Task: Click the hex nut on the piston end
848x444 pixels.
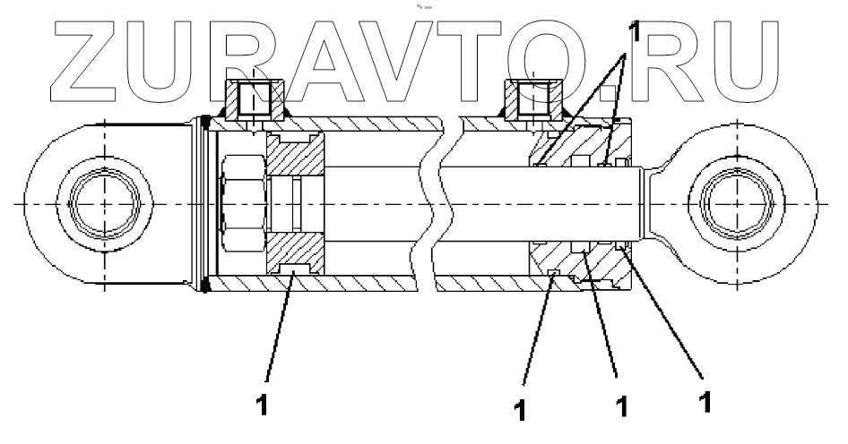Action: (241, 205)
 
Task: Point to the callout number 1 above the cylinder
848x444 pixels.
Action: (634, 32)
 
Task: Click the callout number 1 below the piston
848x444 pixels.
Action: (263, 403)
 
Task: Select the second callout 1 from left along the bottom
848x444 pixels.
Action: (519, 407)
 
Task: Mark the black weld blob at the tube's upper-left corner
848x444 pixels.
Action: (208, 123)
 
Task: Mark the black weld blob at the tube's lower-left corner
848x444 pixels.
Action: (208, 286)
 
